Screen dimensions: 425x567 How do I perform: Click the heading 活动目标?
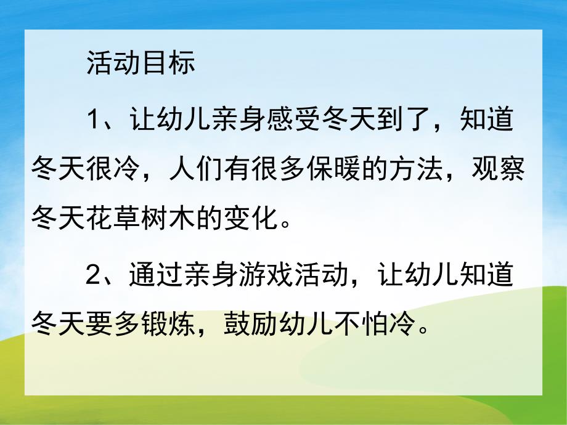click(141, 65)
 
